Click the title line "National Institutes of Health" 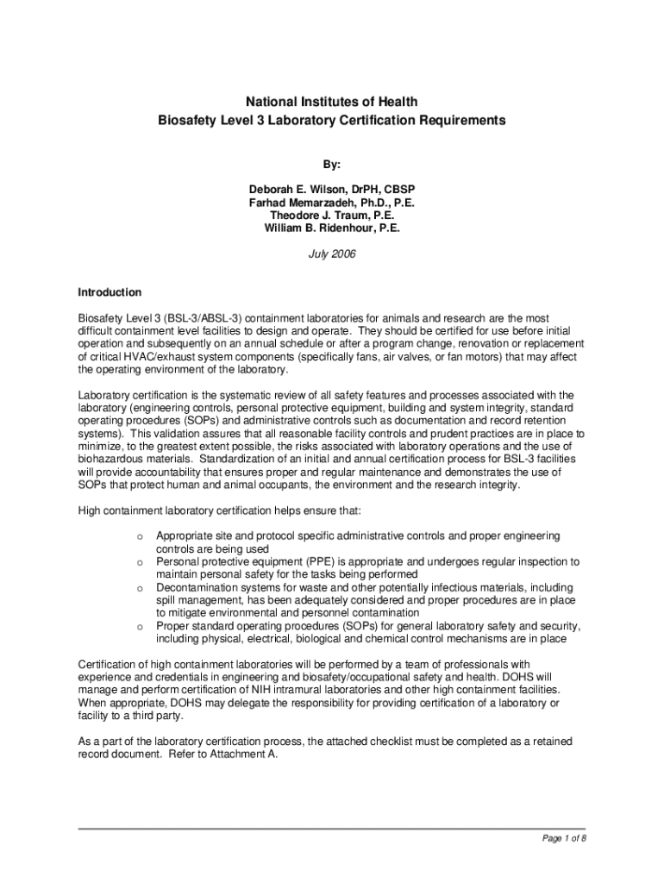point(331,103)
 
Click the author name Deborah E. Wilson point(331,190)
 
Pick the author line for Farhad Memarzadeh point(331,203)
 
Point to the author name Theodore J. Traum point(331,216)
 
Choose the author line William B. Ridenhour point(331,229)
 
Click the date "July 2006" point(331,255)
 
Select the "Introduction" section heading point(110,292)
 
